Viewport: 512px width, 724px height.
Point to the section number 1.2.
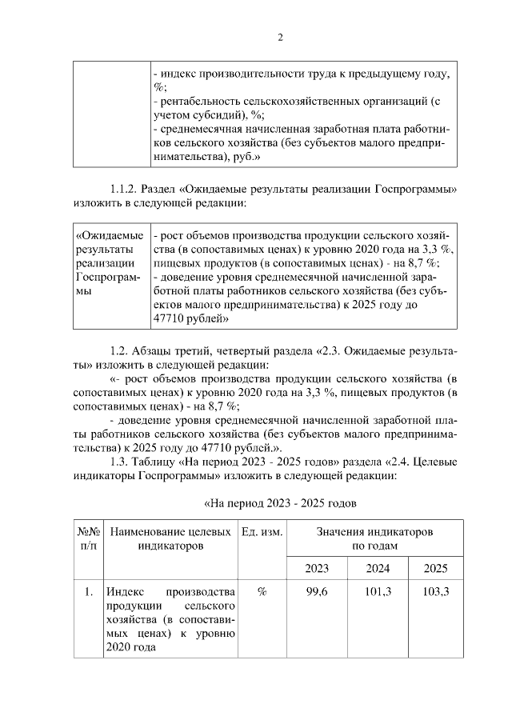122,352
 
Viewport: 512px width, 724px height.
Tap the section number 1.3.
122,461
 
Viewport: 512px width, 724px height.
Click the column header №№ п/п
89,538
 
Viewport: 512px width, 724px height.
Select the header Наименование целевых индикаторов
170,538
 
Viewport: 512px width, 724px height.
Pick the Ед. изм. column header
262,532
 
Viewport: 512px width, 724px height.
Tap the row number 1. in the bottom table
89,592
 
